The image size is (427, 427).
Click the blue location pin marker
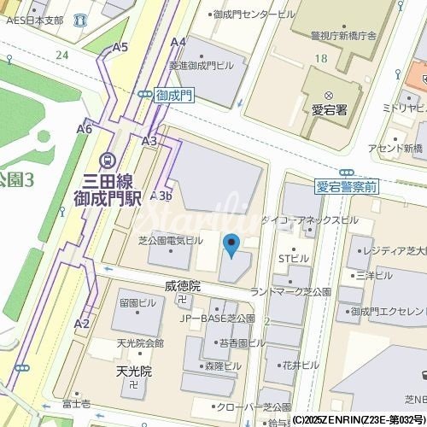(x=231, y=246)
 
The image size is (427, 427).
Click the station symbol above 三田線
(x=108, y=159)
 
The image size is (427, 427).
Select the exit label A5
(x=120, y=48)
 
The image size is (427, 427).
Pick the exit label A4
(x=178, y=42)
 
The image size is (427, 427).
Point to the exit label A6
(x=84, y=129)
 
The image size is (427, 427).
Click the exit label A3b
(x=162, y=196)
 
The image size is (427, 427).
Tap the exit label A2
(x=82, y=324)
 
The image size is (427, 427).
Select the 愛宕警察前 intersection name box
(x=346, y=186)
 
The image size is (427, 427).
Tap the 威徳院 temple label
(x=182, y=286)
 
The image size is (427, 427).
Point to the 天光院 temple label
(x=133, y=371)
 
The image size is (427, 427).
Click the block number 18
(x=320, y=58)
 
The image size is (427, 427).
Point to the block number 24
(x=61, y=55)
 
